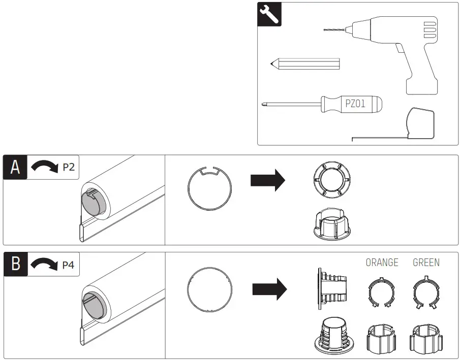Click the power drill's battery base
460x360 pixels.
click(421, 84)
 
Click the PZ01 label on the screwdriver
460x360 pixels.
click(355, 104)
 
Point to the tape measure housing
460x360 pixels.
click(421, 122)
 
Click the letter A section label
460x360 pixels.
click(15, 167)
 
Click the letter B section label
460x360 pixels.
click(15, 265)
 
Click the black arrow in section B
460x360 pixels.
click(269, 289)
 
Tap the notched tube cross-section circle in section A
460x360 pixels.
click(210, 187)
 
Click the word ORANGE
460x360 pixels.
click(382, 263)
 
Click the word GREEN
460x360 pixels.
click(426, 263)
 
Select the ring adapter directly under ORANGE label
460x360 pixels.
click(382, 292)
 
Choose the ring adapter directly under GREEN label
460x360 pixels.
click(426, 292)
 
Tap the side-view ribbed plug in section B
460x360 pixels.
click(333, 289)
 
